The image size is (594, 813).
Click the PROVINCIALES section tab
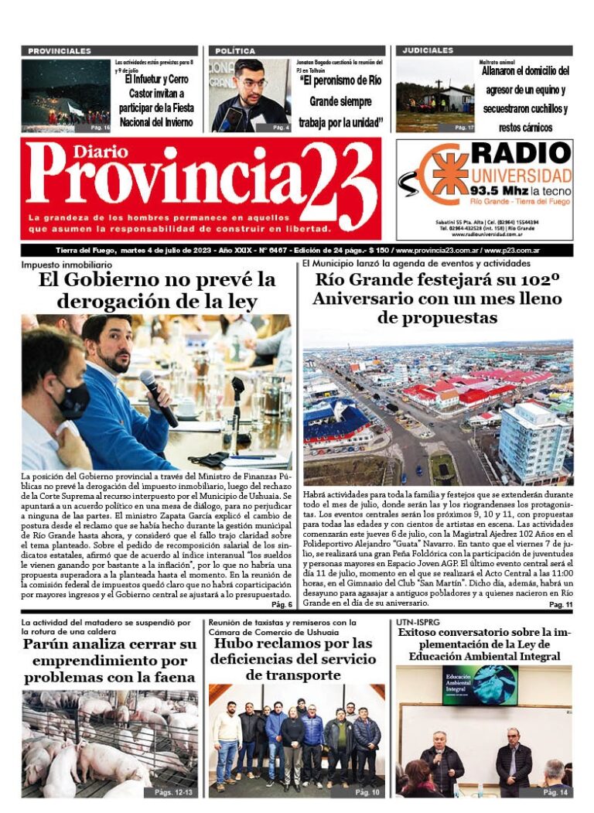[60, 51]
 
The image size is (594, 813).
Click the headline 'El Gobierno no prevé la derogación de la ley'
[157, 289]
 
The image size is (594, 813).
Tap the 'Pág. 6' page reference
[282, 604]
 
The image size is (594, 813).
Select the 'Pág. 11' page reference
[560, 604]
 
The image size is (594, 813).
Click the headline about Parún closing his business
[109, 661]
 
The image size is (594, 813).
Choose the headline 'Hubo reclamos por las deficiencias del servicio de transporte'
[292, 659]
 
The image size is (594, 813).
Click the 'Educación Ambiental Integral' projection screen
[480, 684]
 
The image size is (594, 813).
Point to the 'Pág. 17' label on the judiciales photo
[465, 127]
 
